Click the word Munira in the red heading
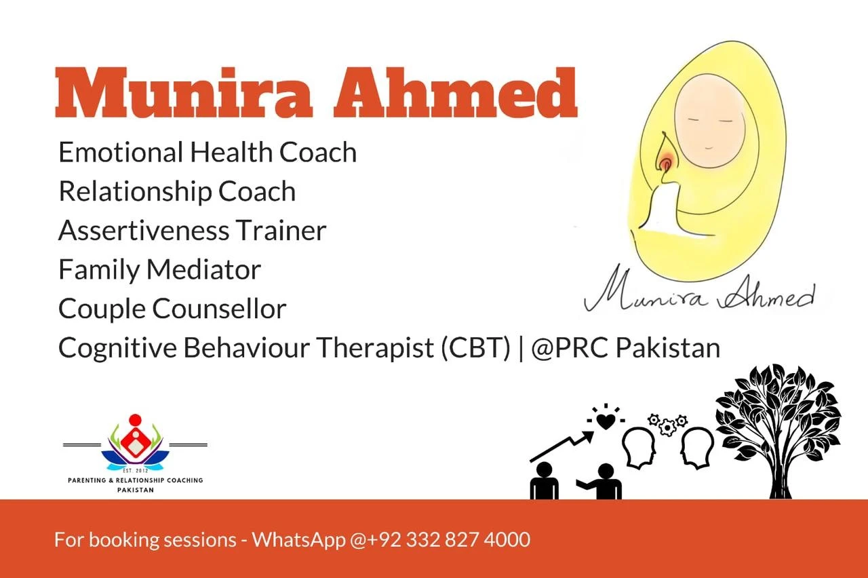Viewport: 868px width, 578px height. point(184,93)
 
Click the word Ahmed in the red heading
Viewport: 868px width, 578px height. point(456,92)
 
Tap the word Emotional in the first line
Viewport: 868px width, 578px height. point(121,152)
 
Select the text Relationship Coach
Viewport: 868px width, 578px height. point(177,191)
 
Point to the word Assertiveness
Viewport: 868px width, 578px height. point(144,231)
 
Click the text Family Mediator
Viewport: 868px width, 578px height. point(159,270)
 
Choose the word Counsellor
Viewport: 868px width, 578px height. point(219,309)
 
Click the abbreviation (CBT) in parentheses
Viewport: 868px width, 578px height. point(476,348)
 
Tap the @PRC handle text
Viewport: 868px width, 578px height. point(570,348)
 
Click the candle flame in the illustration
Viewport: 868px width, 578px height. point(665,154)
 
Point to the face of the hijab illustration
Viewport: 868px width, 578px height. point(710,121)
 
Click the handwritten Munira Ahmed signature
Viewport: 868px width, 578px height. point(699,292)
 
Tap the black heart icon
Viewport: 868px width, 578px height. point(606,422)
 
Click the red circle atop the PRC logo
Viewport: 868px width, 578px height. point(135,419)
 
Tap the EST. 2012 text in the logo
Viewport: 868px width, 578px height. point(135,471)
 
